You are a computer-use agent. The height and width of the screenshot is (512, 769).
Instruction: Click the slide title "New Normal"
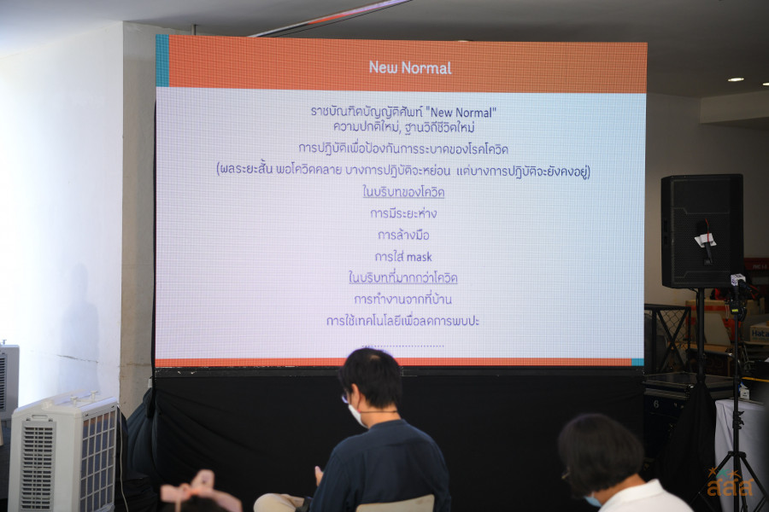click(x=410, y=67)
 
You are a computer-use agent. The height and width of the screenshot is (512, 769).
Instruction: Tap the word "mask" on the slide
click(x=419, y=257)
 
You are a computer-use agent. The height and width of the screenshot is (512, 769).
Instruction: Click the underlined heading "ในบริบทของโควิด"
click(x=403, y=192)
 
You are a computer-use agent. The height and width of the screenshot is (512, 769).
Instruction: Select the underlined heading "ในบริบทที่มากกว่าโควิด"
click(x=402, y=278)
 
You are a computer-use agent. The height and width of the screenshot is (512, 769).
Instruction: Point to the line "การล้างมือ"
click(x=403, y=235)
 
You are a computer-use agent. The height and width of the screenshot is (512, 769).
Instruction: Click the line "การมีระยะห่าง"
click(x=403, y=213)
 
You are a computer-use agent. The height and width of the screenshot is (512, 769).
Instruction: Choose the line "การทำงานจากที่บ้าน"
click(x=403, y=299)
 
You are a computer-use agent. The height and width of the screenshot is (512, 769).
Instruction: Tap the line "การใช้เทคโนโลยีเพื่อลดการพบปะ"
click(x=402, y=321)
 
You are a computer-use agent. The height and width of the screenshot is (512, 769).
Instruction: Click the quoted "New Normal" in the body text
click(x=461, y=113)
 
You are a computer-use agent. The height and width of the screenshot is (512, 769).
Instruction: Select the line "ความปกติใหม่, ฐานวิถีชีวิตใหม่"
click(x=403, y=127)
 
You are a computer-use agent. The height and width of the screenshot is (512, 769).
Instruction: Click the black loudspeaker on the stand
click(x=701, y=230)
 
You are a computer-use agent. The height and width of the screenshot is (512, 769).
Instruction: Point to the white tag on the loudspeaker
click(x=704, y=240)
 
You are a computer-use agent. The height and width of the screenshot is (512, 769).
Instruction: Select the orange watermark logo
click(x=730, y=483)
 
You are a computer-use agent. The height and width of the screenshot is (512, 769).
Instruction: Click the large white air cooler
click(x=64, y=453)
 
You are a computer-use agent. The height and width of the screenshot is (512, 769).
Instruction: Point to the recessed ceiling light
click(x=736, y=79)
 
